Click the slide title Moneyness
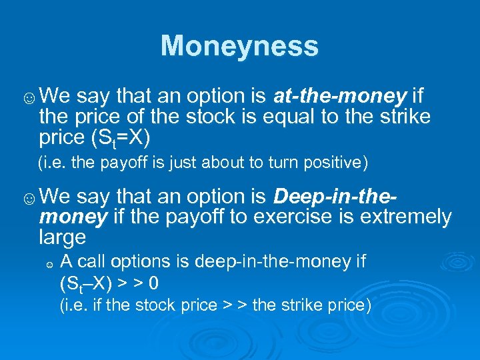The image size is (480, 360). (239, 46)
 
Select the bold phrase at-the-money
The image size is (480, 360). (340, 97)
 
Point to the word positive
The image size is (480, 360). (336, 162)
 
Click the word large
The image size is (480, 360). (63, 237)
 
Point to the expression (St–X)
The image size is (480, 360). (85, 283)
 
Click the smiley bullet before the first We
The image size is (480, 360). (29, 99)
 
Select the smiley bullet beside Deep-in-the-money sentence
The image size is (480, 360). (29, 198)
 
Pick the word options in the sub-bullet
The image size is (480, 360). (131, 261)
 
